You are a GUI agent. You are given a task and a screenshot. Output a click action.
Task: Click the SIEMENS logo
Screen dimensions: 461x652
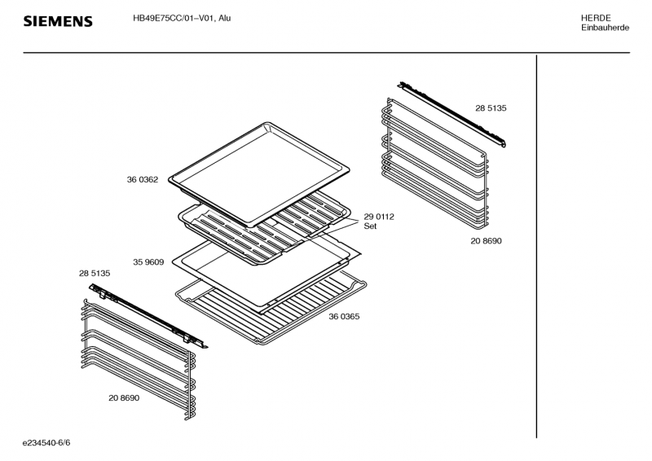57,21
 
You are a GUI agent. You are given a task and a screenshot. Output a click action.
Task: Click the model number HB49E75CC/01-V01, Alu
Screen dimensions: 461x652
181,18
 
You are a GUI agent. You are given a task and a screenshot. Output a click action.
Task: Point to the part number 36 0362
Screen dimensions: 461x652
142,179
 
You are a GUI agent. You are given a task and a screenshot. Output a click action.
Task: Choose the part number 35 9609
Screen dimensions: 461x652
148,262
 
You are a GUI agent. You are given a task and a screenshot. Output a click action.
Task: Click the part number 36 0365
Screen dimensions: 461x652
345,315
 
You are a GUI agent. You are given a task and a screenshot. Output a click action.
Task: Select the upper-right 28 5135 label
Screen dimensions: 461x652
491,108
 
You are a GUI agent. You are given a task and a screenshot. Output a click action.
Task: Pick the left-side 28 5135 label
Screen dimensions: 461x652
95,273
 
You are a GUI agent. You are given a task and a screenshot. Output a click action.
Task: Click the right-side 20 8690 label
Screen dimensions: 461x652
486,241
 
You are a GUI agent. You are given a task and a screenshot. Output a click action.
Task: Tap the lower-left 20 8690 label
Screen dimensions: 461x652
124,397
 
